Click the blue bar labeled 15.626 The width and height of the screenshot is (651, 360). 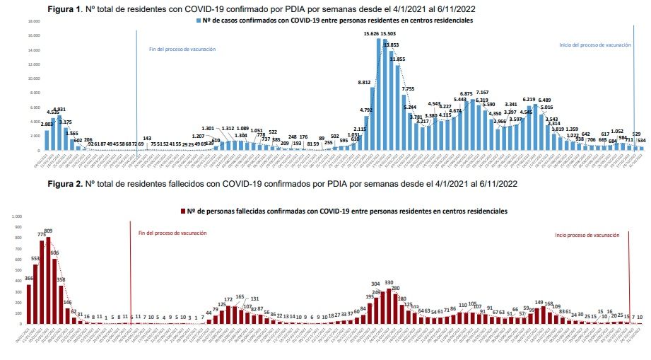coord(380,95)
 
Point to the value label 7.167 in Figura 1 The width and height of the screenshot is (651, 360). coord(482,93)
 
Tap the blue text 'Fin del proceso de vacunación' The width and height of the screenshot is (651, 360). coord(182,50)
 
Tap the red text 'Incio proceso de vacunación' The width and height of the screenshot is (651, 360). coord(587,235)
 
